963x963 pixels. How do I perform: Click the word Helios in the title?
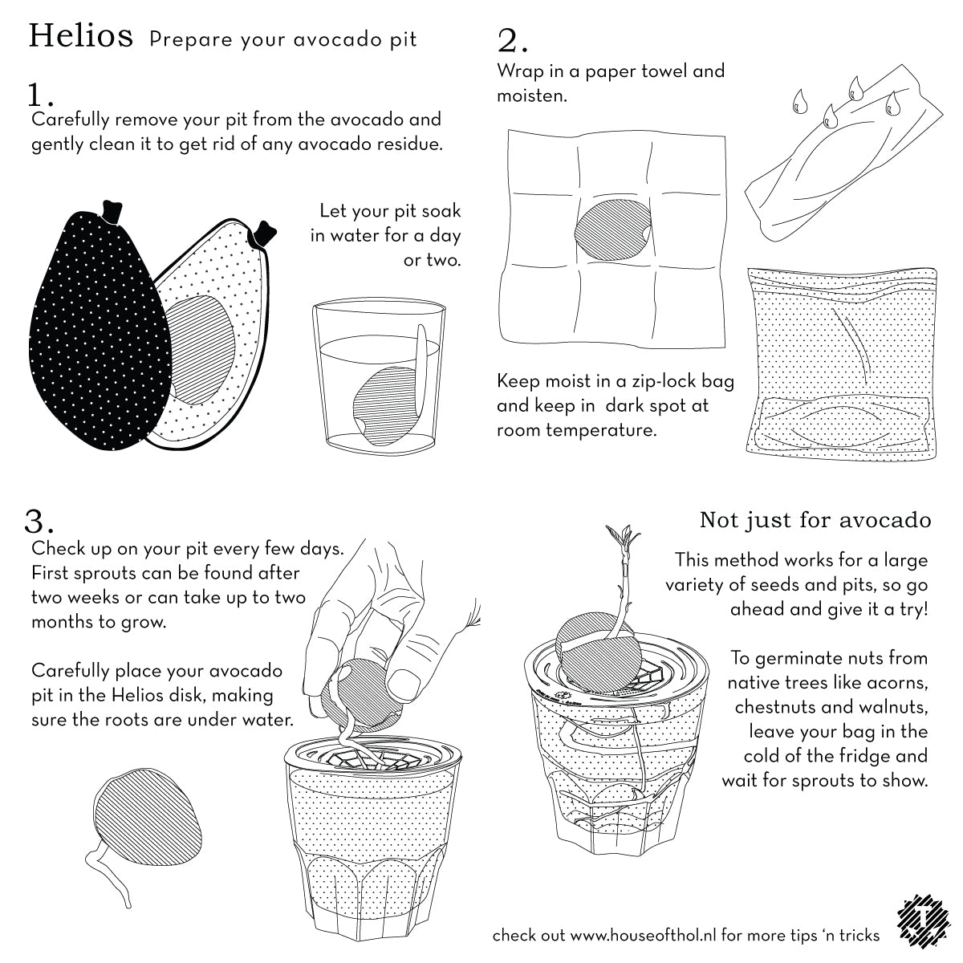point(81,36)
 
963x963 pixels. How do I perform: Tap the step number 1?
point(40,95)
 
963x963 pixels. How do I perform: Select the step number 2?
point(512,41)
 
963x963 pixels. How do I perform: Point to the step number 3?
point(39,522)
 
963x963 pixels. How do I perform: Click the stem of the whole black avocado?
point(112,212)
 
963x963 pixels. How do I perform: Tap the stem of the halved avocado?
point(263,234)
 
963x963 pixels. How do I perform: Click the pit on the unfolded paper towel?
point(612,230)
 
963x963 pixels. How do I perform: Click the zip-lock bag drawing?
point(841,364)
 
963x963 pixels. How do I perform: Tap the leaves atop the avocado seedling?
point(622,537)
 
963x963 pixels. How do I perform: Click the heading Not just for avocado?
point(815,520)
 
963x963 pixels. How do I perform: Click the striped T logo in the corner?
point(924,928)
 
